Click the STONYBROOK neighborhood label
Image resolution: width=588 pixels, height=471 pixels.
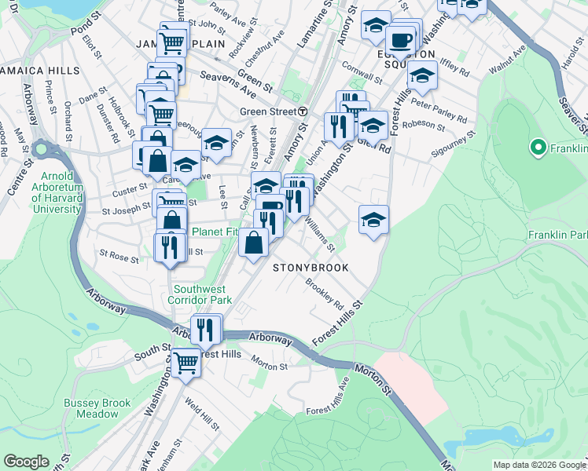[310, 268]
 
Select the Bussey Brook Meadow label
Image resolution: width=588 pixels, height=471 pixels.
[97, 408]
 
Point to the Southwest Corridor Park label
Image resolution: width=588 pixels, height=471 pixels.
[203, 294]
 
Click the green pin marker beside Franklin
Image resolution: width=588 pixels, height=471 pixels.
[538, 147]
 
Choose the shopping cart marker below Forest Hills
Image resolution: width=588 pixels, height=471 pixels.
[186, 362]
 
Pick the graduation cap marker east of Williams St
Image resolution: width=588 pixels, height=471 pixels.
[373, 220]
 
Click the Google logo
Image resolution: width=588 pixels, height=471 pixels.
[26, 462]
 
